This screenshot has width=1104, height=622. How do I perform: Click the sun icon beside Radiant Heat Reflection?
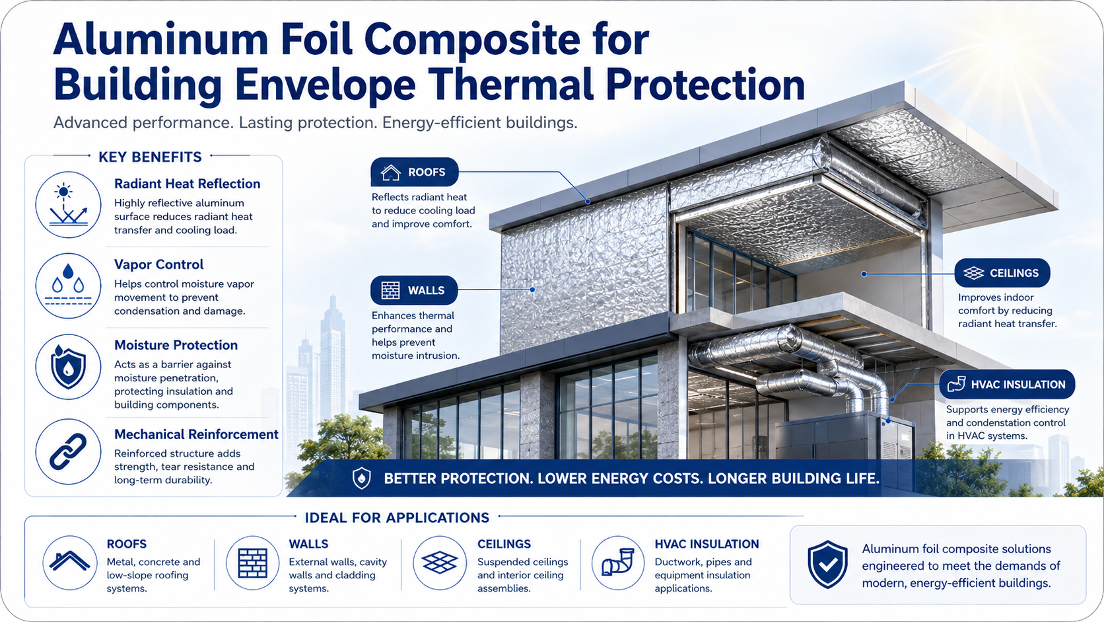click(68, 205)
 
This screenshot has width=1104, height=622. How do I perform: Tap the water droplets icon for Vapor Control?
click(68, 286)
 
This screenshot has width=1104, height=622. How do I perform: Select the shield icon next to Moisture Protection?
click(68, 367)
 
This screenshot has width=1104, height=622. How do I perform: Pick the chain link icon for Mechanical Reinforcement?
click(68, 451)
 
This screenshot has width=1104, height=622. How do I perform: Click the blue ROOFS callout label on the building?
click(415, 172)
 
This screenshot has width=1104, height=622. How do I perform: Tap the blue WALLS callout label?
click(414, 290)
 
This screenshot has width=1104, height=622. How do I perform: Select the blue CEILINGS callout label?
click(1002, 273)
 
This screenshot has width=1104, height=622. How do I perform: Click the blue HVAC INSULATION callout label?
click(1007, 384)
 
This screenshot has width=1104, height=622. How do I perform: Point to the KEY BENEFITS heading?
click(150, 157)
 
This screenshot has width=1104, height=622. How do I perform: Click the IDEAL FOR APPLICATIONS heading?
click(397, 518)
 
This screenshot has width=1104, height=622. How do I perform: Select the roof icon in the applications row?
click(70, 563)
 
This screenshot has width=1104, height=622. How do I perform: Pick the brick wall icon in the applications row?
click(253, 563)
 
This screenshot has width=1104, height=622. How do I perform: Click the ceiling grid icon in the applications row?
click(440, 563)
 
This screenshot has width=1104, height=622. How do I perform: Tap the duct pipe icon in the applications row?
click(618, 563)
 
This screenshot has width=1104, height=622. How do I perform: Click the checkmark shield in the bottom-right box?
click(827, 564)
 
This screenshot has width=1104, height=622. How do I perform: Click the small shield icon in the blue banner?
click(361, 478)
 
